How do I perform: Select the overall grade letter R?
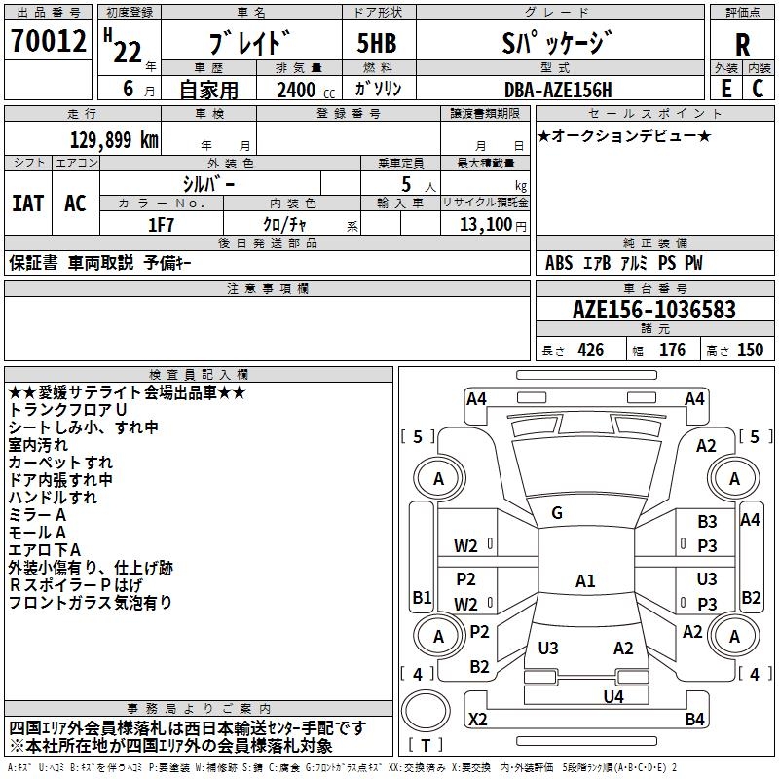pyautogui.click(x=742, y=45)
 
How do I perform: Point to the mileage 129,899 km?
pyautogui.click(x=114, y=140)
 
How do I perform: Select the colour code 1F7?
pyautogui.click(x=161, y=223)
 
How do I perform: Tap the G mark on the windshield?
pyautogui.click(x=557, y=513)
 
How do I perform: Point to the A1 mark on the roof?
pyautogui.click(x=584, y=581)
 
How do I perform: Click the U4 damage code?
pyautogui.click(x=612, y=696)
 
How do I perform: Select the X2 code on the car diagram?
pyautogui.click(x=478, y=720)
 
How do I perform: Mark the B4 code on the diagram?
pyautogui.click(x=694, y=720)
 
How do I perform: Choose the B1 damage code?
pyautogui.click(x=422, y=597)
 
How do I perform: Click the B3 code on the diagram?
pyautogui.click(x=707, y=523)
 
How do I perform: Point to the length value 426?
pyautogui.click(x=590, y=351)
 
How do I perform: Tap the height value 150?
pyautogui.click(x=750, y=351)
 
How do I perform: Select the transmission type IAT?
pyautogui.click(x=26, y=203)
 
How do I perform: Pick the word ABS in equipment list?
pyautogui.click(x=559, y=263)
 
